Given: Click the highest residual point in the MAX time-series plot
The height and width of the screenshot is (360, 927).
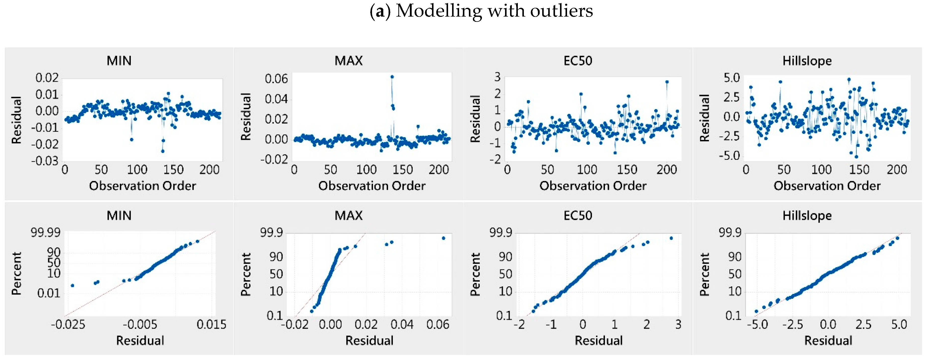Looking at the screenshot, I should (392, 77).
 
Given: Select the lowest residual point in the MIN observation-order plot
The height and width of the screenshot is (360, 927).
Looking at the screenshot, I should (163, 151).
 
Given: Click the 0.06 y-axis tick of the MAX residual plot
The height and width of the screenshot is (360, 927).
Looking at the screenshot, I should (276, 79).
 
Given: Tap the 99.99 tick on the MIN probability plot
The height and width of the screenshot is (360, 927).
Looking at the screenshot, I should (46, 233).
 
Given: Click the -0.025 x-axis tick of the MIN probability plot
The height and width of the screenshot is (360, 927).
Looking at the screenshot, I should (68, 325).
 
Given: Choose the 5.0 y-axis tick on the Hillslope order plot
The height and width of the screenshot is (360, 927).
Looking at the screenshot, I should (732, 78).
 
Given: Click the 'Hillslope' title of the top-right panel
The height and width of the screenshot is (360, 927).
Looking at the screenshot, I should (807, 61).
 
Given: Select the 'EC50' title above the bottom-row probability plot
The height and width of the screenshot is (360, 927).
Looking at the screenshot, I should (578, 215).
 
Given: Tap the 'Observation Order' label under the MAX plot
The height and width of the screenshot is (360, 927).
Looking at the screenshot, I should (372, 186).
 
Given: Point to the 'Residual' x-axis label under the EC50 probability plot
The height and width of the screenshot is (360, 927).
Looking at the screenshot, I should (598, 341).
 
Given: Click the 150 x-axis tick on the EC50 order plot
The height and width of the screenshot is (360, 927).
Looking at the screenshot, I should (627, 170).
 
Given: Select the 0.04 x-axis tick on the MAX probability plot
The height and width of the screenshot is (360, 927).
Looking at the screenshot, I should (402, 325).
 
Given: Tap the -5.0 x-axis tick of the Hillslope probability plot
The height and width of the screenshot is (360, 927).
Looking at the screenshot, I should (757, 325).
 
